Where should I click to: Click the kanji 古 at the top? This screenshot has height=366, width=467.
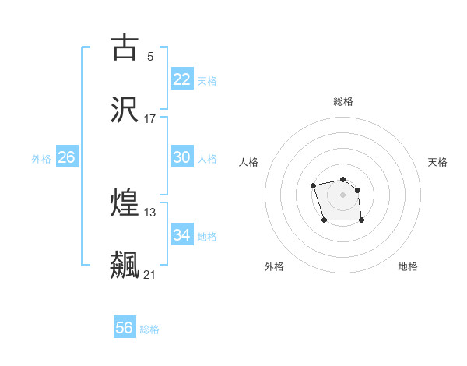(125, 48)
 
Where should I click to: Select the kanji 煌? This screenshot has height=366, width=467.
(125, 203)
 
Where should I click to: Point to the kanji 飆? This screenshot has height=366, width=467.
(125, 266)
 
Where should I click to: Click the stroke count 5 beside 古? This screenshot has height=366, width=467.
(149, 56)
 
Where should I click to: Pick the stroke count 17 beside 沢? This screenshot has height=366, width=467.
(150, 119)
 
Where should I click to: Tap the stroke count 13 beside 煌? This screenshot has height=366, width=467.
(150, 212)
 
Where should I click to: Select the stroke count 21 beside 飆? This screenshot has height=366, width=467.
(150, 274)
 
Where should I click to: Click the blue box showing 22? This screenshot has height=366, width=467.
(182, 79)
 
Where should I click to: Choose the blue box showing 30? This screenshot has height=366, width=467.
(182, 157)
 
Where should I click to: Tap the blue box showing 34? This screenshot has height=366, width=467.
(182, 234)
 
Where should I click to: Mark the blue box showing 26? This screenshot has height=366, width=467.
(66, 157)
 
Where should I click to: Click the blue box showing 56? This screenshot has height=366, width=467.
(125, 328)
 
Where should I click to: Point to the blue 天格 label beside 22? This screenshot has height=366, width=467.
(207, 81)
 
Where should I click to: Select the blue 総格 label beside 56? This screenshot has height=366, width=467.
(149, 329)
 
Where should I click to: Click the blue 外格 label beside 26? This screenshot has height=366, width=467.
(41, 159)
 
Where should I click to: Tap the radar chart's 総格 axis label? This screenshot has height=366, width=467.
(343, 101)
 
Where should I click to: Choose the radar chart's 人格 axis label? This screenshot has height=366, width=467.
(249, 162)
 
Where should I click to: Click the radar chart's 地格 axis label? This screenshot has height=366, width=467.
(408, 266)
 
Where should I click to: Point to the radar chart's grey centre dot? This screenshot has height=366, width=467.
(342, 194)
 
